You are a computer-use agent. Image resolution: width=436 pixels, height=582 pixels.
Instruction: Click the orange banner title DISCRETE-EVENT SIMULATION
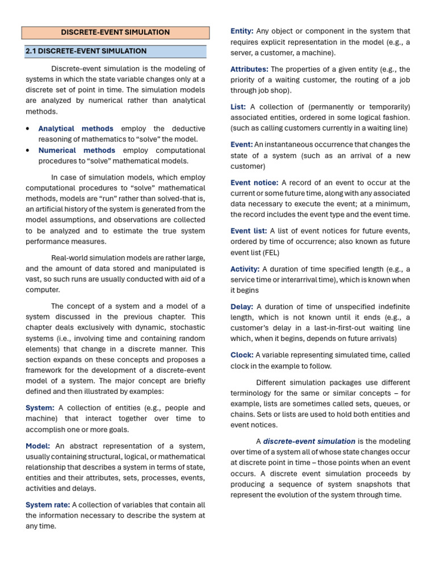(x=115, y=32)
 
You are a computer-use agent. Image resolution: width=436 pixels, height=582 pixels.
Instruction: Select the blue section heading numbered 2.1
(x=86, y=51)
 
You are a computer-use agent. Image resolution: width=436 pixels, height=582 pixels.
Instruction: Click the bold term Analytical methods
(x=76, y=128)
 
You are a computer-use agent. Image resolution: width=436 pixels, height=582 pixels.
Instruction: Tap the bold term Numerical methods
(x=77, y=150)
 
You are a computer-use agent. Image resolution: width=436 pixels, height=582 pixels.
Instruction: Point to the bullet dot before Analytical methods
(x=28, y=129)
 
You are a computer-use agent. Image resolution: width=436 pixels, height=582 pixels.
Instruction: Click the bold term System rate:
(x=48, y=505)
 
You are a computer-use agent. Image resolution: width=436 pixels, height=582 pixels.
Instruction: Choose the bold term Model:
(x=37, y=446)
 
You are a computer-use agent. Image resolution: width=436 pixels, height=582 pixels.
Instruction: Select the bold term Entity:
(x=242, y=31)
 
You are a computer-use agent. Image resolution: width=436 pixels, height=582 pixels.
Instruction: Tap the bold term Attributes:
(x=249, y=69)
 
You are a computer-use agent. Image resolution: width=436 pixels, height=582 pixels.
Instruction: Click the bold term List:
(x=238, y=107)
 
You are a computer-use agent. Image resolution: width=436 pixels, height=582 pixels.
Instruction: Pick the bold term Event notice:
(x=254, y=182)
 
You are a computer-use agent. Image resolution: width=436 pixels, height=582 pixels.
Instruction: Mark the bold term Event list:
(x=249, y=231)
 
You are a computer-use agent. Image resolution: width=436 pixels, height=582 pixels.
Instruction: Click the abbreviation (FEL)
(x=270, y=252)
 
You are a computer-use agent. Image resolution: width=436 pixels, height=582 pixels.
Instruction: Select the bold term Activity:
(x=245, y=269)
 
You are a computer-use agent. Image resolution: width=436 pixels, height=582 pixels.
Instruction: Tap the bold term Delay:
(x=242, y=307)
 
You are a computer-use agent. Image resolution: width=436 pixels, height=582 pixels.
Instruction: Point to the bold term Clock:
(x=242, y=355)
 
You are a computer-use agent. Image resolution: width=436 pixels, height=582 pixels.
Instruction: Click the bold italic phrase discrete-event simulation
(x=309, y=441)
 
